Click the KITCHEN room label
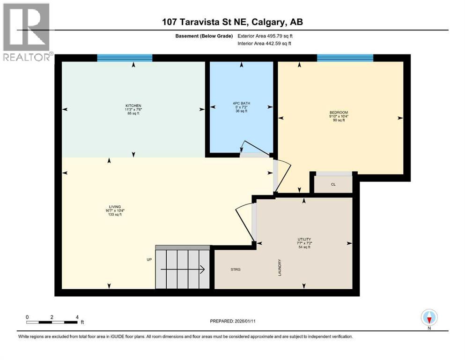point(133,106)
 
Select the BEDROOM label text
point(339,112)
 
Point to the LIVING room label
point(115,207)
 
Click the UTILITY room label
point(304,239)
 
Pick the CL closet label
point(333,184)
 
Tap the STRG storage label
point(236,269)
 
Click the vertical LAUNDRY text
point(280,268)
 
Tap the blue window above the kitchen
point(125,58)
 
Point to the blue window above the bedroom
point(345,58)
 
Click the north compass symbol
point(429,318)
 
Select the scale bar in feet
point(52,322)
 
